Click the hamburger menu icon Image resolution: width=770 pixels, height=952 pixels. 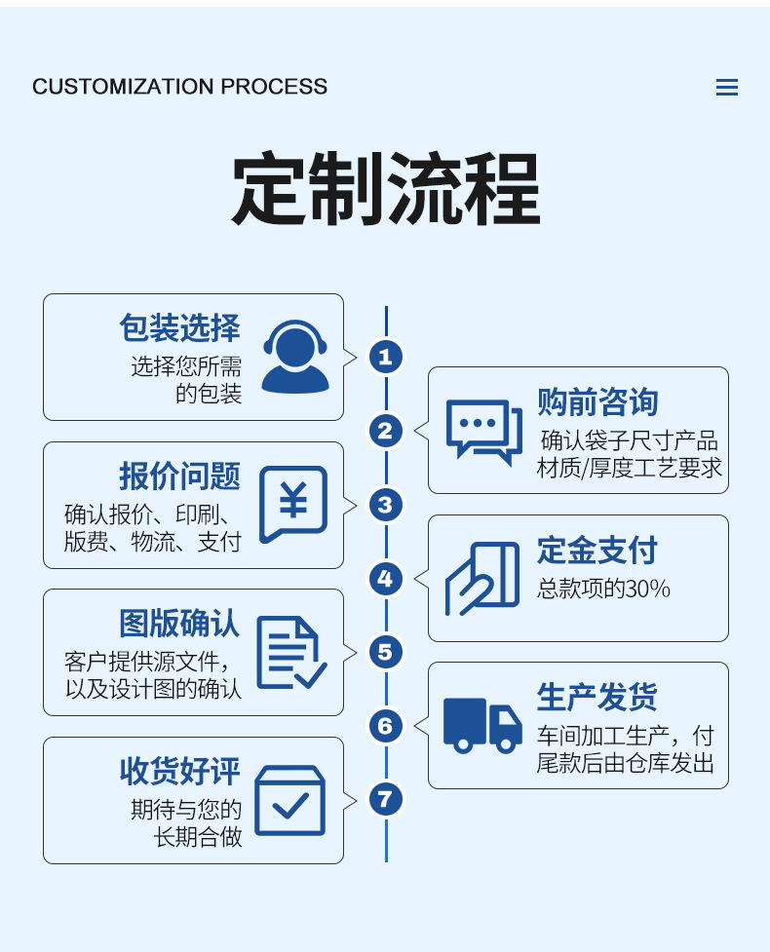coord(726,88)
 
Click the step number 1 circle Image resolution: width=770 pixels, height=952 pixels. coord(386,357)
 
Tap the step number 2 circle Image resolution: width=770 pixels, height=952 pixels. coord(386,431)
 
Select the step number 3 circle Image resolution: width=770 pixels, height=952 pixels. coord(386,505)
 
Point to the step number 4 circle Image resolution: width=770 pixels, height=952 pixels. coord(386,579)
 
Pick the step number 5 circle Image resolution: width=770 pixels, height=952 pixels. coord(386,652)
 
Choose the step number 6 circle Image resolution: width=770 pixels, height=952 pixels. coord(386,726)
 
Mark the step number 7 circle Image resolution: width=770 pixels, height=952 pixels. coord(386,800)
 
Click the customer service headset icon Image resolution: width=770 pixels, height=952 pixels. coord(295,357)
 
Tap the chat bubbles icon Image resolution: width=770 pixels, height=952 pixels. coord(483,431)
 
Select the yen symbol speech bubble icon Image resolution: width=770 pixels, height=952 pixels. coord(292,504)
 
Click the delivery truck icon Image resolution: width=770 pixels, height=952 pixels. coord(482,726)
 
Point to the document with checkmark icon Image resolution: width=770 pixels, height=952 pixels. coord(290,653)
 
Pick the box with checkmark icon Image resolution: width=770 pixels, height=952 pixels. coord(289,800)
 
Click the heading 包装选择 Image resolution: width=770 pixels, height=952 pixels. coord(180,327)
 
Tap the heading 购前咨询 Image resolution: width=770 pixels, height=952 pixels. coord(597,401)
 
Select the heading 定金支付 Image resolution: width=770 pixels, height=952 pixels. coord(597,551)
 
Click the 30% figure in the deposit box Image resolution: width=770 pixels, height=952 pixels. coord(648,589)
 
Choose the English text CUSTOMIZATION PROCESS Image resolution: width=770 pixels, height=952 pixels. coord(180,87)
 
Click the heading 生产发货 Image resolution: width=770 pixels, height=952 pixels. coord(597,698)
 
